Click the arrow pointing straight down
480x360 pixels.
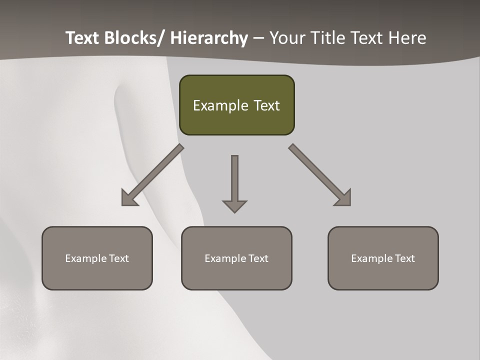(234, 180)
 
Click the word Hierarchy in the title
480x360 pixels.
(209, 38)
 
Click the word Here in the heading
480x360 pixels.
(407, 38)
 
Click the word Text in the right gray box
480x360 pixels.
(404, 258)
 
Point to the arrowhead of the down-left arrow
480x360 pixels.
(128, 198)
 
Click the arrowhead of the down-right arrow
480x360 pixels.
(344, 198)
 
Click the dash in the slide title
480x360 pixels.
(258, 38)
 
